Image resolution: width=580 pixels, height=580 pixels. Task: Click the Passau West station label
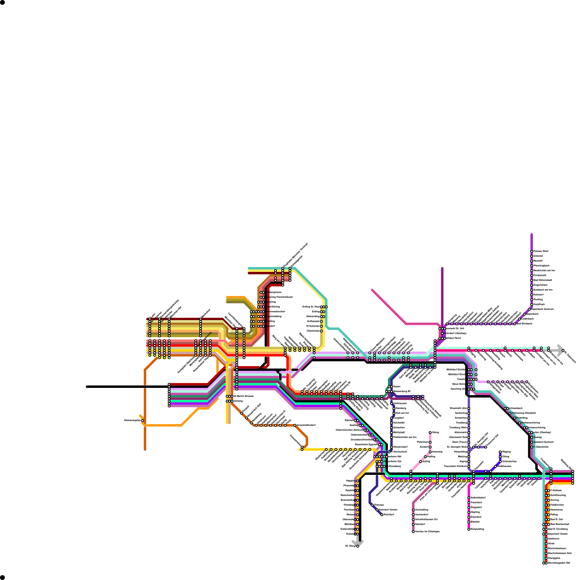point(541,251)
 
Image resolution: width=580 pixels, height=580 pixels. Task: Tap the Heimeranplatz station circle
point(142,420)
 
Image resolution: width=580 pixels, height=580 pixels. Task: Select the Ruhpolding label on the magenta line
point(477,529)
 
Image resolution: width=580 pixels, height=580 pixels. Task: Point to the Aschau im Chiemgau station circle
point(413,532)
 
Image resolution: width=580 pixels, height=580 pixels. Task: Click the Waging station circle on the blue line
point(500,452)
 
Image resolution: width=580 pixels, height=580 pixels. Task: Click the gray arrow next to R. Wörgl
point(358,542)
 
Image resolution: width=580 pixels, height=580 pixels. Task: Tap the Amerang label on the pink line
point(437,452)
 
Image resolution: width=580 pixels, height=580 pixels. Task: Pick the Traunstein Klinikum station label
point(455,466)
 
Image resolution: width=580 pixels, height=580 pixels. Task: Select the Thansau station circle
point(372,505)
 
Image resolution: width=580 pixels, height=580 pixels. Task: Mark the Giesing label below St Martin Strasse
point(238,401)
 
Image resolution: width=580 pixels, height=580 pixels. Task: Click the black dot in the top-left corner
point(2,3)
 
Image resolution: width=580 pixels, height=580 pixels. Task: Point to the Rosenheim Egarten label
point(366,444)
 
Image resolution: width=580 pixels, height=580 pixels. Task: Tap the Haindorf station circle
point(413,524)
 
